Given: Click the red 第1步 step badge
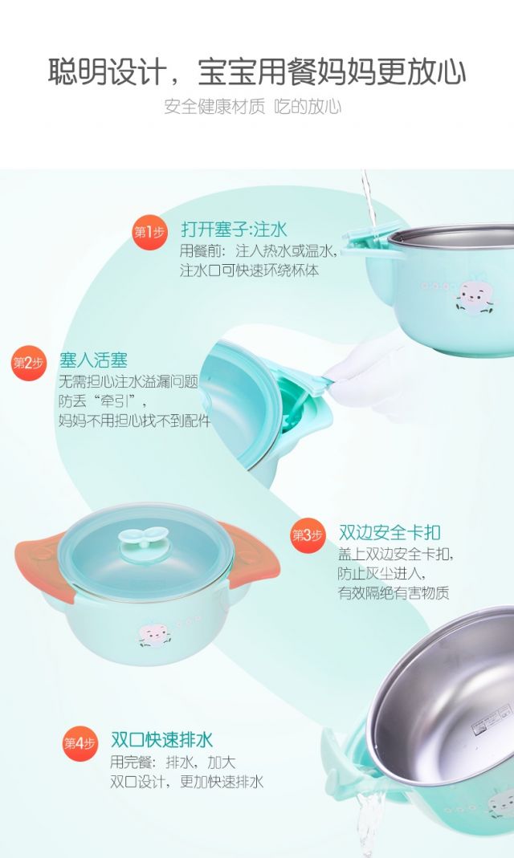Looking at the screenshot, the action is click(x=149, y=232).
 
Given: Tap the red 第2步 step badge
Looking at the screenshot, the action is click(x=28, y=363).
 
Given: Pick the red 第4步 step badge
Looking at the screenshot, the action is click(x=80, y=743).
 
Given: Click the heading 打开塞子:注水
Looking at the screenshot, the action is click(x=234, y=230).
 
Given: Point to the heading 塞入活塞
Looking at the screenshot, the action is click(x=94, y=360).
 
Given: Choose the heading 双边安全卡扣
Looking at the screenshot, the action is click(x=390, y=532).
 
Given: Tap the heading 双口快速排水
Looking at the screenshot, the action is click(x=162, y=740).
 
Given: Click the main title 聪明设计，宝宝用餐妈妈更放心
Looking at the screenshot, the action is click(x=257, y=71).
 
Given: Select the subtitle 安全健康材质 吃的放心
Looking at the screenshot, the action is click(x=253, y=106).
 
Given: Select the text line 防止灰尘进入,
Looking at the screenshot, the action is click(x=381, y=573).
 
